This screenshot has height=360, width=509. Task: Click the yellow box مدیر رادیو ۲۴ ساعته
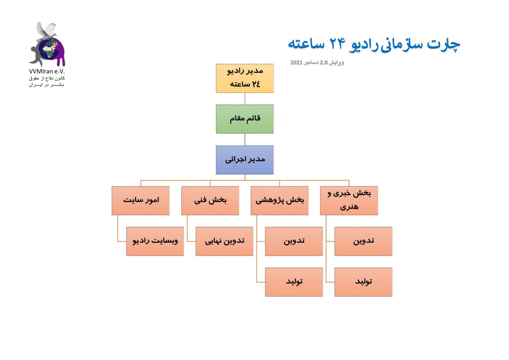click(x=245, y=78)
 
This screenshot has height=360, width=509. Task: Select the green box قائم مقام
click(x=245, y=119)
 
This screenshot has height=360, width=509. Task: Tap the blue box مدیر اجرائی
click(x=245, y=160)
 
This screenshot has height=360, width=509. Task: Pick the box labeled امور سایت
click(x=140, y=200)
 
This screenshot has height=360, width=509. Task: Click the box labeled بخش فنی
click(x=210, y=200)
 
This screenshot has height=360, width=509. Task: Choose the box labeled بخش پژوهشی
click(x=280, y=200)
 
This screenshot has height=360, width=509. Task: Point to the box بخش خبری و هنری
click(x=349, y=200)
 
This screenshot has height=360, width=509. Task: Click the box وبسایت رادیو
click(x=155, y=241)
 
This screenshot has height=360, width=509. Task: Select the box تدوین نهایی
click(x=224, y=241)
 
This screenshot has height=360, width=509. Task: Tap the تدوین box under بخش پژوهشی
click(x=294, y=241)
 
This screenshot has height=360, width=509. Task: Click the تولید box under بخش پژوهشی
click(x=294, y=282)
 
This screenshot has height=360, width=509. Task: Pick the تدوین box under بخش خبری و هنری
click(x=363, y=241)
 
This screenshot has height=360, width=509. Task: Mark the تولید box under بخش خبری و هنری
click(x=363, y=282)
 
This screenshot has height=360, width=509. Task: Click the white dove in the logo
click(x=46, y=31)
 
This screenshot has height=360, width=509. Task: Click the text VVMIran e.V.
click(x=47, y=71)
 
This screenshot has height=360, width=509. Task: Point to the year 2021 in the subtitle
click(x=296, y=62)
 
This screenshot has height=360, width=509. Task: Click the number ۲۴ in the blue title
click(x=338, y=44)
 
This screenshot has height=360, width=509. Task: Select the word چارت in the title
click(x=443, y=44)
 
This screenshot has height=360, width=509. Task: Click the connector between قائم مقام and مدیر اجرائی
click(x=245, y=140)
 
